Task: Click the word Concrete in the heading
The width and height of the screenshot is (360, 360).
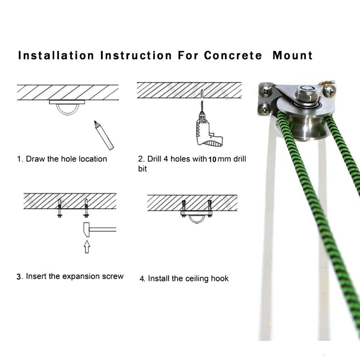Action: [x=233, y=56]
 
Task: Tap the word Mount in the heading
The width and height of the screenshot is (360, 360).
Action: [x=292, y=56]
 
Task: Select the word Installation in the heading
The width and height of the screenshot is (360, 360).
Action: [x=56, y=56]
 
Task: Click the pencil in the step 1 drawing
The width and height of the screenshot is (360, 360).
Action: [x=104, y=135]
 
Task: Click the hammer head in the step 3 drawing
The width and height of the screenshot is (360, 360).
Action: [x=86, y=229]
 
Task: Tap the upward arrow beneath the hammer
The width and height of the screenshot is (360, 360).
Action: [x=87, y=247]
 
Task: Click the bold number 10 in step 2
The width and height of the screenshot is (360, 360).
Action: [x=212, y=160]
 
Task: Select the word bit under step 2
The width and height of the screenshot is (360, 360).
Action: [x=142, y=169]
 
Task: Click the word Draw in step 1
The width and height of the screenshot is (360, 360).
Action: [x=35, y=159]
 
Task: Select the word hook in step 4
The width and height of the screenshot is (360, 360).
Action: [x=220, y=278]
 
